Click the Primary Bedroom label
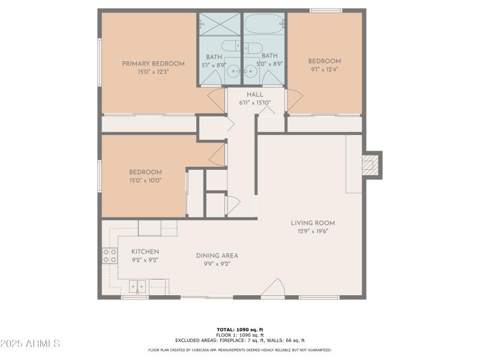[153, 64]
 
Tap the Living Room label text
[309, 223]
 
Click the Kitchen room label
[145, 251]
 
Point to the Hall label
[255, 95]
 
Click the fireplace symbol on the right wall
[372, 164]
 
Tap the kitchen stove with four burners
[109, 256]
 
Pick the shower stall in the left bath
[220, 25]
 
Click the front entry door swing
[274, 289]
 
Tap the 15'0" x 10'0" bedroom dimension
[145, 180]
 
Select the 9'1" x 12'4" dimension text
[325, 70]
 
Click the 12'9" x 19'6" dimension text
[309, 231]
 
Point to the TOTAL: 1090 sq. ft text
[240, 329]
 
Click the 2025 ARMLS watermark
[30, 344]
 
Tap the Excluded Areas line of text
[240, 340]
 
